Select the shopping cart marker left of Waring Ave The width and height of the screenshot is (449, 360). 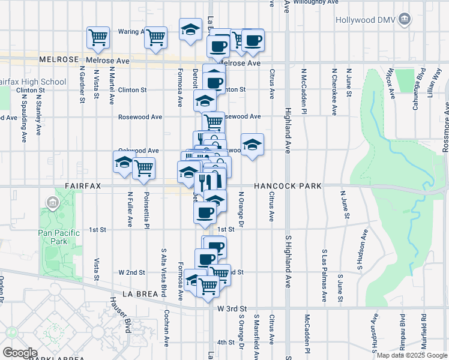point(98,37)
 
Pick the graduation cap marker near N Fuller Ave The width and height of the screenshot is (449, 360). point(124,163)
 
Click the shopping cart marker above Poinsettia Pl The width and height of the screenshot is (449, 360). point(143,169)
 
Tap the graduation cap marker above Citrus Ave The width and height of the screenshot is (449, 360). point(253,145)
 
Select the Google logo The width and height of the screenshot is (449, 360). point(20,353)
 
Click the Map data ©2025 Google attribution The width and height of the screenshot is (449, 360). point(412,355)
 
